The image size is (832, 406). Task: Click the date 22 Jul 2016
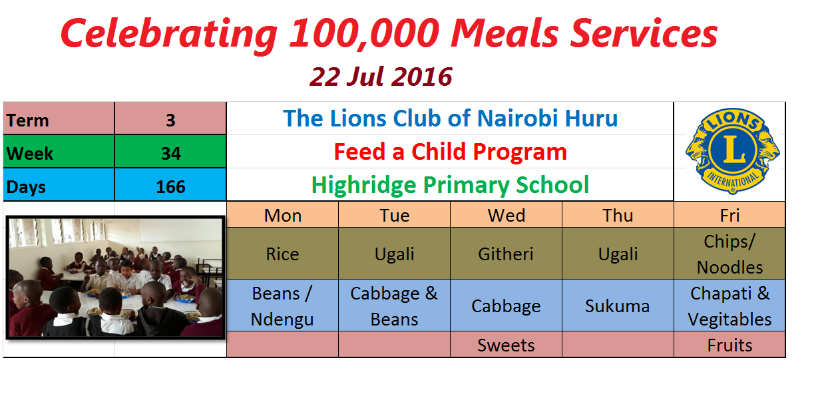pyautogui.click(x=381, y=77)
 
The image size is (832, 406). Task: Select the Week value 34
pyautogui.click(x=171, y=153)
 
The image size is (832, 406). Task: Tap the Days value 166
pyautogui.click(x=170, y=186)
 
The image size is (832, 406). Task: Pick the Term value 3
pyautogui.click(x=170, y=120)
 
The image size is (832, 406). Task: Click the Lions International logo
pyautogui.click(x=732, y=151)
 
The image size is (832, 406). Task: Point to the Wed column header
pyautogui.click(x=507, y=216)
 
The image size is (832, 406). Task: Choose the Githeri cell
pyautogui.click(x=506, y=254)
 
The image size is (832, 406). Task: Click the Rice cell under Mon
pyautogui.click(x=283, y=254)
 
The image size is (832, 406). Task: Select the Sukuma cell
pyautogui.click(x=618, y=306)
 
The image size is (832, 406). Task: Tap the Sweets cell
pyautogui.click(x=506, y=345)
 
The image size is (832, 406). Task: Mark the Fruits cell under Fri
pyautogui.click(x=729, y=345)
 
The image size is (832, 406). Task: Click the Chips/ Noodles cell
pyautogui.click(x=729, y=254)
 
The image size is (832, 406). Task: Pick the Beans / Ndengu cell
pyautogui.click(x=283, y=306)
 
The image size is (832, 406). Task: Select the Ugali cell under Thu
pyautogui.click(x=618, y=254)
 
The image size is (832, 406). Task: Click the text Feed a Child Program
pyautogui.click(x=450, y=152)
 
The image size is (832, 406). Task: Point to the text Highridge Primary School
pyautogui.click(x=450, y=185)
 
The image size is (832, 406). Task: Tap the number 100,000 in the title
pyautogui.click(x=364, y=33)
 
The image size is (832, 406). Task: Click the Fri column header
pyautogui.click(x=729, y=216)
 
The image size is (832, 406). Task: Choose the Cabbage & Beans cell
pyautogui.click(x=394, y=306)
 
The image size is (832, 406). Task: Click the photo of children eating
pyautogui.click(x=116, y=278)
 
